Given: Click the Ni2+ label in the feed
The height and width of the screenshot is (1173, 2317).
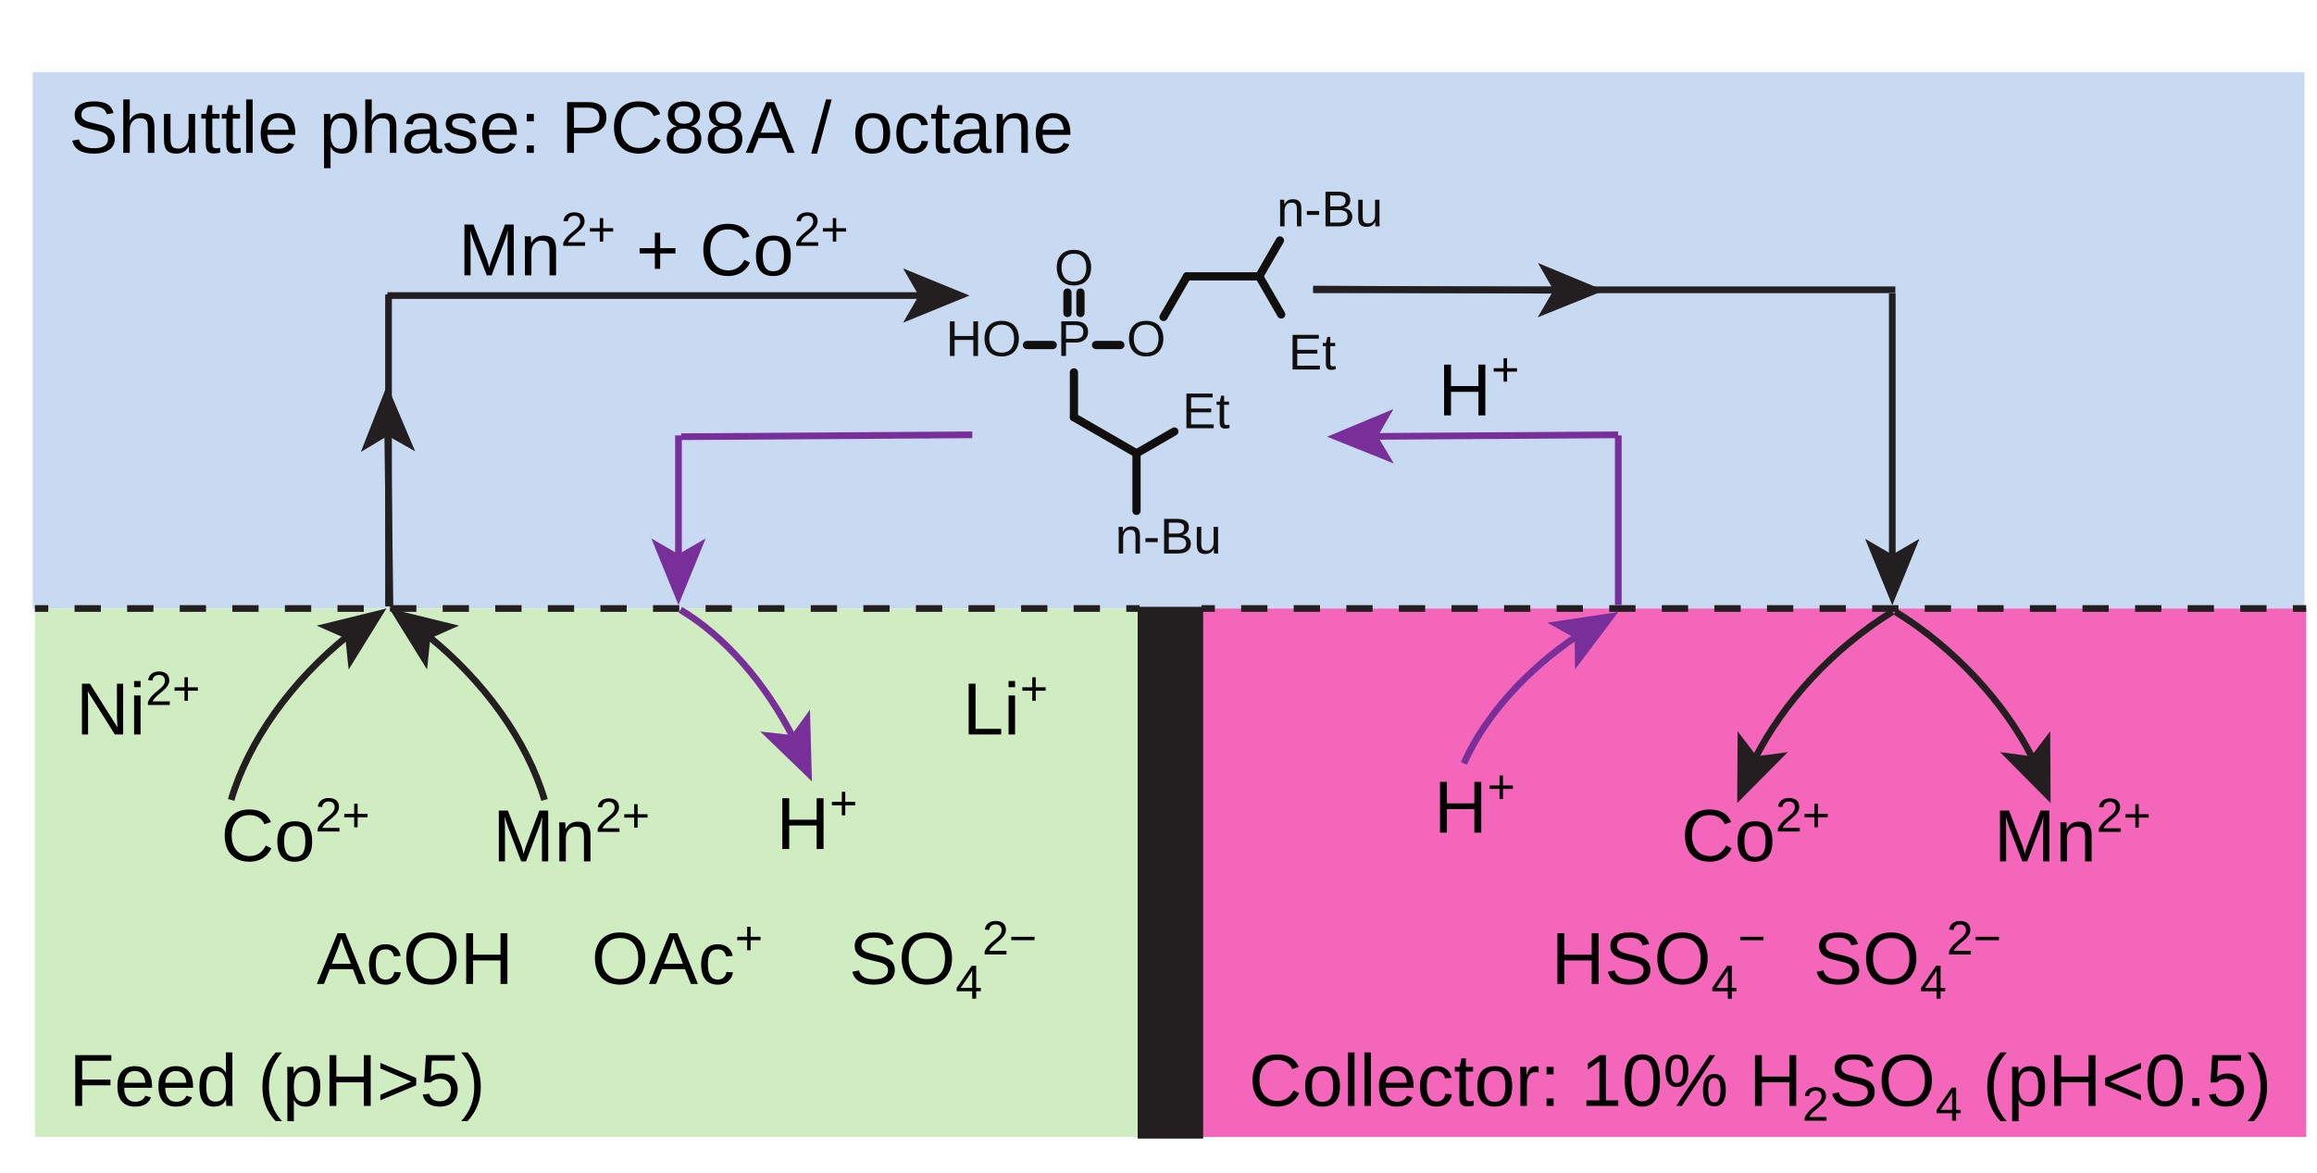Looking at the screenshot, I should [x=137, y=707].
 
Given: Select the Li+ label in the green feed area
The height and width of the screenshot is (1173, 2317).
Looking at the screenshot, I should [x=1003, y=707].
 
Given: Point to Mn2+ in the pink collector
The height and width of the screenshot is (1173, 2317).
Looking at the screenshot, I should [x=2071, y=833].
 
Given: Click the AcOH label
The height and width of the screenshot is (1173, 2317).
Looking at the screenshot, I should [x=413, y=959].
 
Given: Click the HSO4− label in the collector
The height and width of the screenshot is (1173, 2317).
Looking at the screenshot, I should [x=1656, y=961].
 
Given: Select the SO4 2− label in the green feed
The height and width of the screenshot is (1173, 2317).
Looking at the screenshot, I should [x=941, y=961].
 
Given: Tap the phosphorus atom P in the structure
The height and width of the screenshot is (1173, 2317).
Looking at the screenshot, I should [x=1073, y=340].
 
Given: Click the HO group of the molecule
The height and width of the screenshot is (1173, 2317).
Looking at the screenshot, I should [x=982, y=340].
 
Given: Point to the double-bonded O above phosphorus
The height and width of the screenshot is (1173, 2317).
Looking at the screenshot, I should [x=1073, y=268].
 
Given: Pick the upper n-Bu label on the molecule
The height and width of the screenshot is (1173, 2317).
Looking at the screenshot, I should [x=1328, y=210].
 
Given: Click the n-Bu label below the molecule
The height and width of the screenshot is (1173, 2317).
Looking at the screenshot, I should [x=1167, y=538].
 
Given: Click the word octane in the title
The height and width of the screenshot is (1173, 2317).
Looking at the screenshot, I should [x=962, y=130].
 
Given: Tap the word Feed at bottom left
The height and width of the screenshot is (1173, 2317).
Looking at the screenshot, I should [x=153, y=1081].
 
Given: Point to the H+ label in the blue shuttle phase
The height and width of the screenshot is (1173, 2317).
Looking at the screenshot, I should [x=1477, y=389].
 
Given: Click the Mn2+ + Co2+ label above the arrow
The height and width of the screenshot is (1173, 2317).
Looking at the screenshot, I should [x=653, y=248].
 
